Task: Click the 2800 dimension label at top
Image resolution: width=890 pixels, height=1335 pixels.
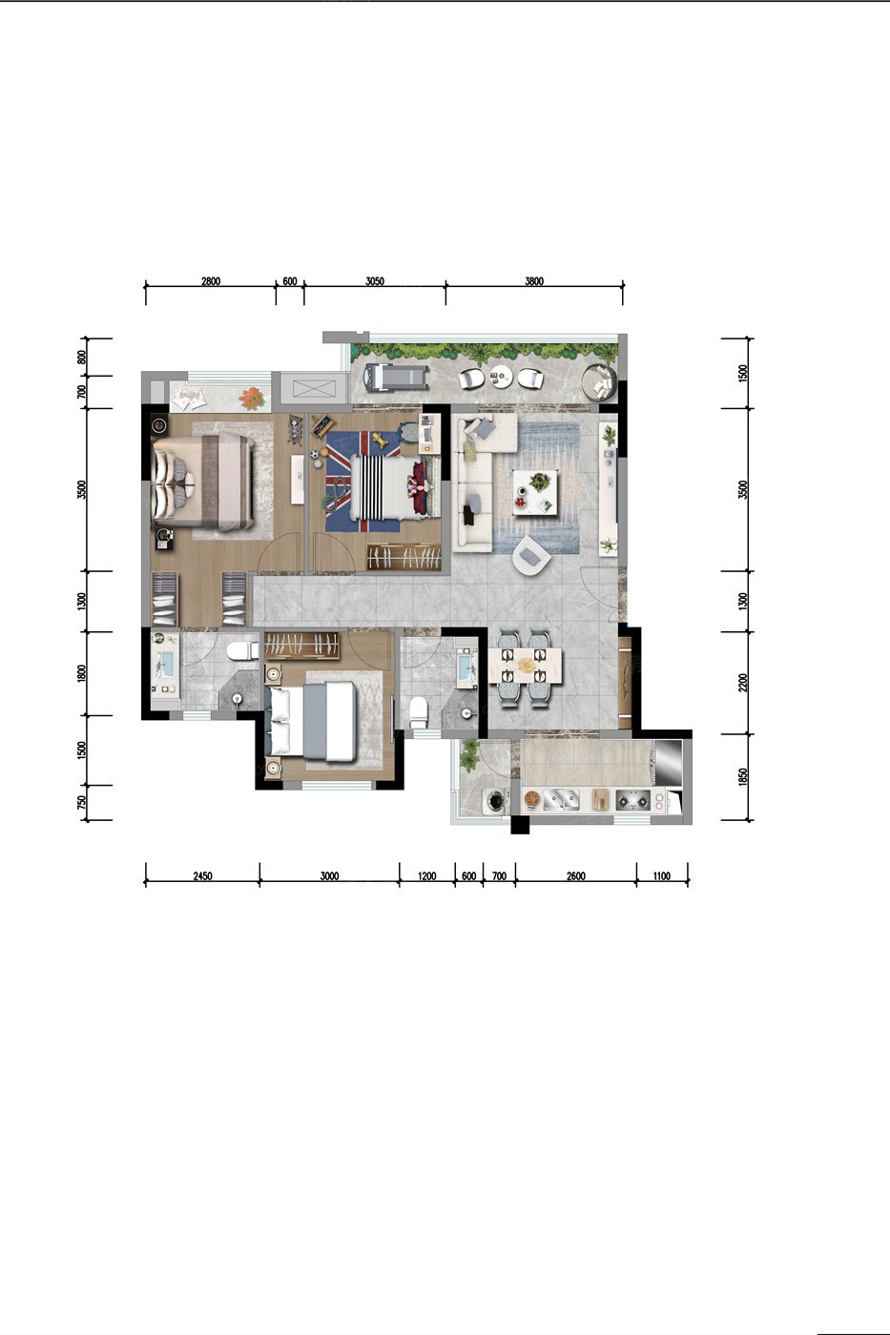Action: click(211, 281)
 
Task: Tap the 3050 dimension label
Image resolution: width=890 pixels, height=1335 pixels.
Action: click(374, 281)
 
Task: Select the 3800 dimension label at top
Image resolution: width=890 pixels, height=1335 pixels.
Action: click(534, 281)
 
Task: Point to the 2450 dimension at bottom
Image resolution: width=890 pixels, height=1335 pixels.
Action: click(202, 876)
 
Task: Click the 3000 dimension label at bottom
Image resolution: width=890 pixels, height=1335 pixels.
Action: click(329, 876)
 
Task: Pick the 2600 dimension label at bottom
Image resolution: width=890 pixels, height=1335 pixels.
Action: click(576, 876)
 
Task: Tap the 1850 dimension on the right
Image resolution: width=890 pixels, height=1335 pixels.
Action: click(743, 777)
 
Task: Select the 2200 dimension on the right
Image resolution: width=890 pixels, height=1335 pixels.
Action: click(743, 683)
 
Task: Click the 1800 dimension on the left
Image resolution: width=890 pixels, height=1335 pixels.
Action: click(82, 673)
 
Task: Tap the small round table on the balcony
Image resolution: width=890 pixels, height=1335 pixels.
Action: click(502, 376)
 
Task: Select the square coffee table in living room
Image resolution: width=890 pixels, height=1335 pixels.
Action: click(535, 492)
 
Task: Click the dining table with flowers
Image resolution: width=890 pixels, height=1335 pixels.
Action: click(526, 666)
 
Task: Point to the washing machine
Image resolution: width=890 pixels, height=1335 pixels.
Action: click(496, 800)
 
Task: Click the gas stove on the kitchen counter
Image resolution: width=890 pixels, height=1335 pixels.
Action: click(632, 800)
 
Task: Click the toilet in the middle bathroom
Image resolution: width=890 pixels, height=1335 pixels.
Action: click(419, 712)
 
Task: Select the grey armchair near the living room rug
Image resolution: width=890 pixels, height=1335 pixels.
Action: click(531, 555)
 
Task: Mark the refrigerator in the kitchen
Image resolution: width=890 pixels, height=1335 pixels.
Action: click(668, 763)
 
